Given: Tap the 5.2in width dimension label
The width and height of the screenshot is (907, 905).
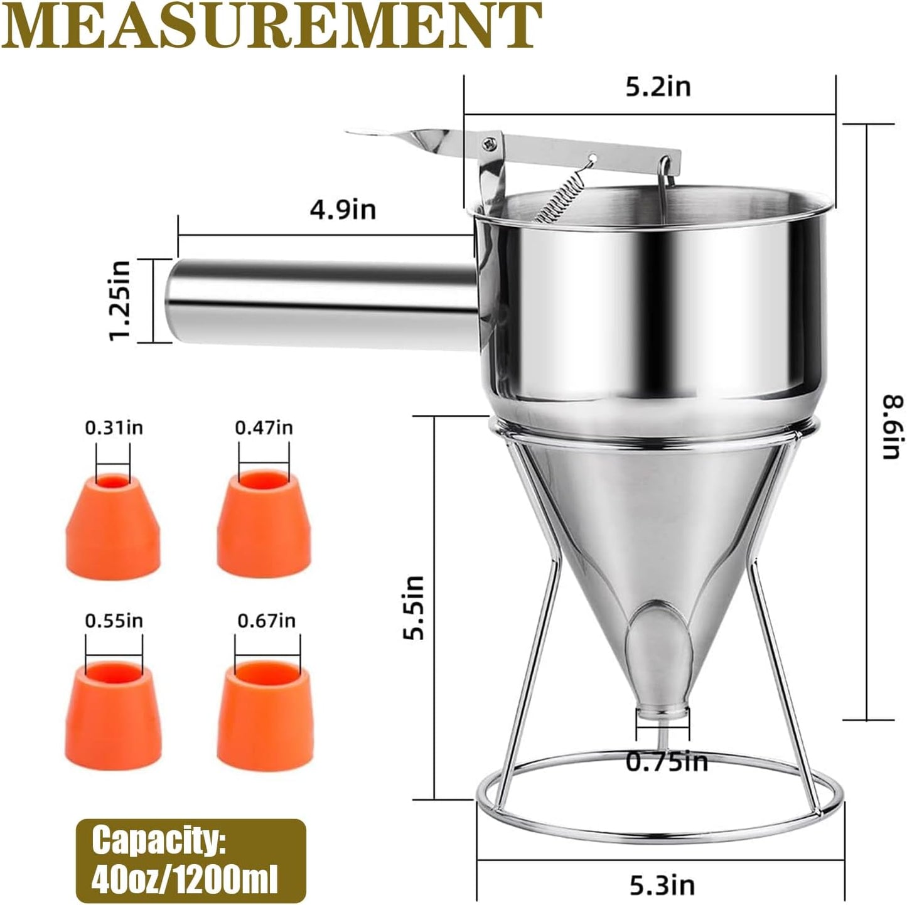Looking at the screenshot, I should coord(658,87).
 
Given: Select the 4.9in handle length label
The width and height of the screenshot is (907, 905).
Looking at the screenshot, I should coord(343,209).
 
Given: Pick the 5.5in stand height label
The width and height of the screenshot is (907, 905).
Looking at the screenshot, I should coord(414,607).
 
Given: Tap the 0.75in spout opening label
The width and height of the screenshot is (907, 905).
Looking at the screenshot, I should coord(667,762).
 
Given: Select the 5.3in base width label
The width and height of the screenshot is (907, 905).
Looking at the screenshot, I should coord(662,885).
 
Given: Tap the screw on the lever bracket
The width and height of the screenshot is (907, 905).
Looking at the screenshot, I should coord(488,144).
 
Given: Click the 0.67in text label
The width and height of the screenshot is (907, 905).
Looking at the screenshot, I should coord(266,621).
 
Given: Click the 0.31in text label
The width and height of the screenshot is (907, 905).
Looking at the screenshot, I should coord(114,427).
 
